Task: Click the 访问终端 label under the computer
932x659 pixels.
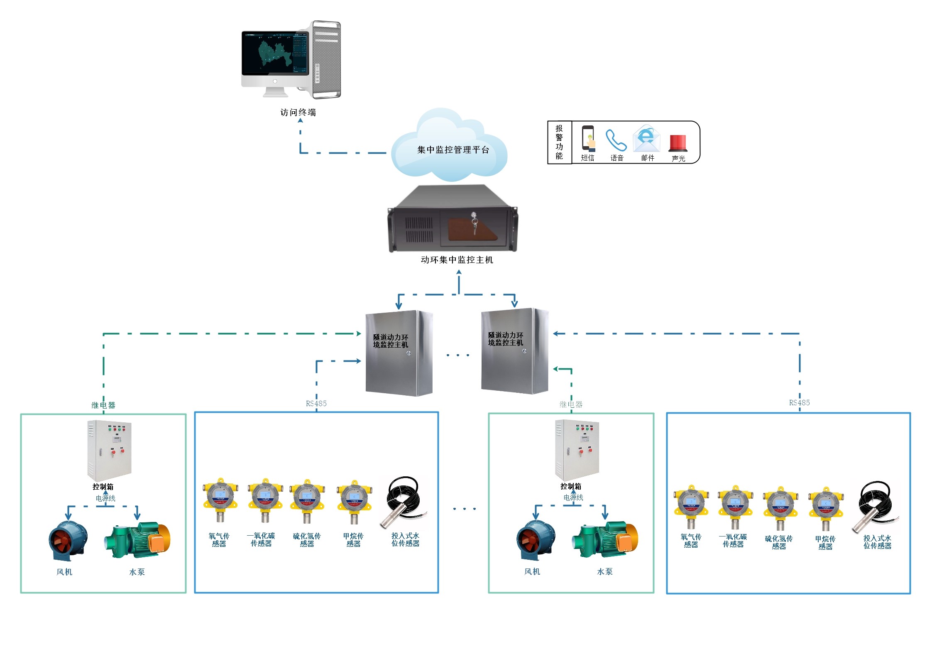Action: pos(298,113)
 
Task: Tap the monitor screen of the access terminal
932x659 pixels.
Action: pos(275,52)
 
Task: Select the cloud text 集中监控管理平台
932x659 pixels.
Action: pos(453,150)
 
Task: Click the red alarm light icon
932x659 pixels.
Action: pos(678,143)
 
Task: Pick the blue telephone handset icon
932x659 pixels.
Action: pos(616,140)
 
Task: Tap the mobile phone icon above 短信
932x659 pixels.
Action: pos(588,138)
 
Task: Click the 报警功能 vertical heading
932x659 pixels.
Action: pos(559,142)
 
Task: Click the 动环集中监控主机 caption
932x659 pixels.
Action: pos(457,260)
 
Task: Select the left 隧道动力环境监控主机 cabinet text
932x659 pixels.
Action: pos(390,341)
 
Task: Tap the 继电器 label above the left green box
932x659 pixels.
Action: pos(103,405)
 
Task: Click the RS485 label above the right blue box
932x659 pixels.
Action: pos(799,403)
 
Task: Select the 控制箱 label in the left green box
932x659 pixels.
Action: pos(103,487)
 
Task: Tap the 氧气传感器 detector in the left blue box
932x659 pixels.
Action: pos(220,500)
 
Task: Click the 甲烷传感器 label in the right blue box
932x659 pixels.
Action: pos(825,543)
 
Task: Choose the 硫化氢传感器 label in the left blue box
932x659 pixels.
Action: pos(307,540)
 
